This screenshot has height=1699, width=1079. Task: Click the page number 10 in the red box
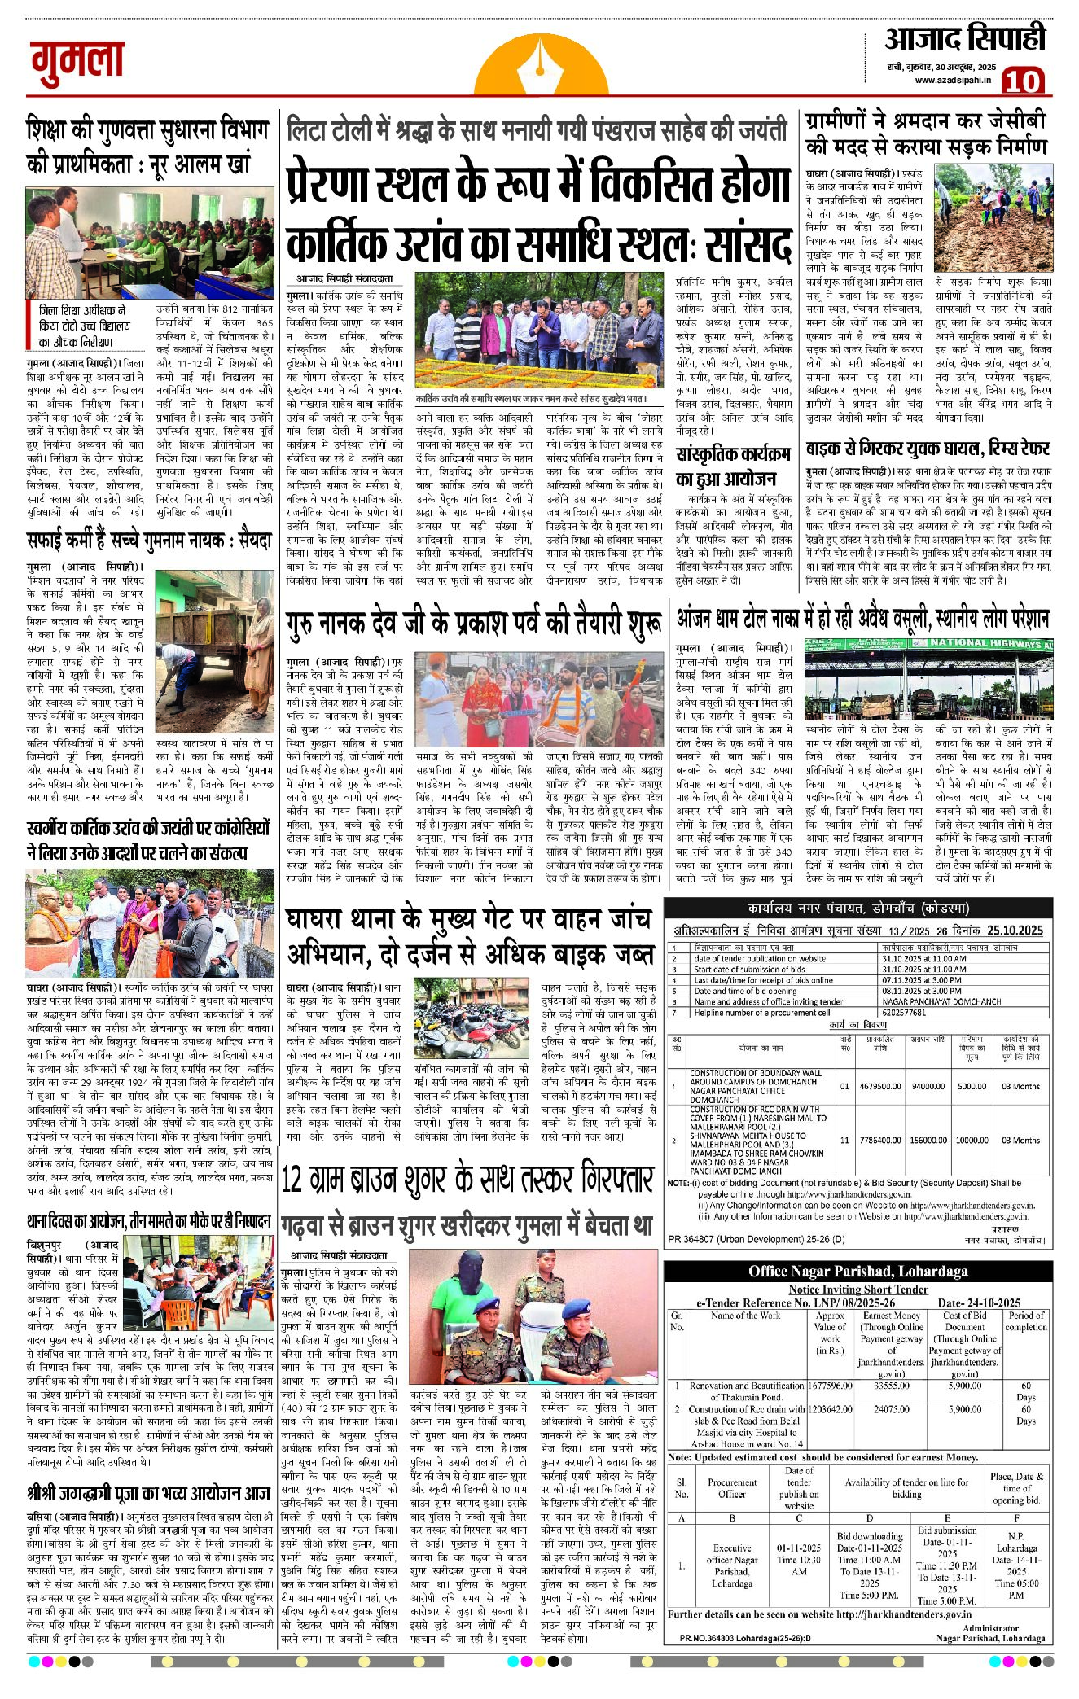coord(1023,81)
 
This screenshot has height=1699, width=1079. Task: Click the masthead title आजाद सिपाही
coord(965,38)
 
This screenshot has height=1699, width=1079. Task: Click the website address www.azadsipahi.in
coord(952,80)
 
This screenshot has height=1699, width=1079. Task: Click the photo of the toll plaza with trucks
coord(928,681)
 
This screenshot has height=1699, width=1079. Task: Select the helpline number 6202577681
coord(905,1013)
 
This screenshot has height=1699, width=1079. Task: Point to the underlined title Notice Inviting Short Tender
coord(857,1289)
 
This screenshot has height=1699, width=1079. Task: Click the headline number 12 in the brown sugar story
coord(292,1180)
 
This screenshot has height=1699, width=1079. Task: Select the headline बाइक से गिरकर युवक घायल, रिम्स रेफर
coord(927,449)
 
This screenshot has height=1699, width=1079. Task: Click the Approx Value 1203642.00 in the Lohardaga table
coord(829,1409)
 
